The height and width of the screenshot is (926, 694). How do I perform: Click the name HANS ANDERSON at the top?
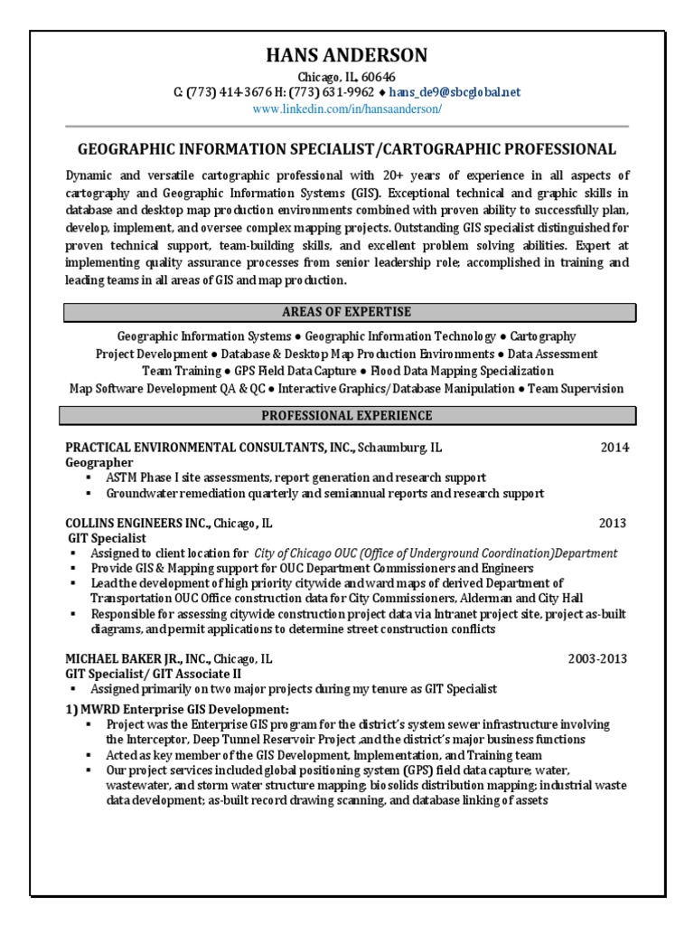tap(347, 55)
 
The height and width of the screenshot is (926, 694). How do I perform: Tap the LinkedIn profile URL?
tap(347, 109)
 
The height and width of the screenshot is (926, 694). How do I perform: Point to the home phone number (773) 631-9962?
tap(336, 93)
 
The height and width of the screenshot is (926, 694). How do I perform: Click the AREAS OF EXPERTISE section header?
tap(347, 312)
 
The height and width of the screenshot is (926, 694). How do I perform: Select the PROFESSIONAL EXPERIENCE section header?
tap(347, 416)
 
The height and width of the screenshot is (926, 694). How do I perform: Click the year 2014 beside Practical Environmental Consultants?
tap(614, 448)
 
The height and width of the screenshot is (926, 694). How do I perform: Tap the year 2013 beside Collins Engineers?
tap(612, 524)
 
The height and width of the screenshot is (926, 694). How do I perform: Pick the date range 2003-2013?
tap(597, 659)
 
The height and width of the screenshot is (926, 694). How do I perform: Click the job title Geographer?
tap(99, 462)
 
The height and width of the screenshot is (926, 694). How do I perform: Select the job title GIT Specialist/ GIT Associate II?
tap(153, 674)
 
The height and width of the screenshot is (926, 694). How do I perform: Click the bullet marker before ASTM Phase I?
tap(88, 477)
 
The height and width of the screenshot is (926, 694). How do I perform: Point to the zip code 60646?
tap(377, 78)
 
